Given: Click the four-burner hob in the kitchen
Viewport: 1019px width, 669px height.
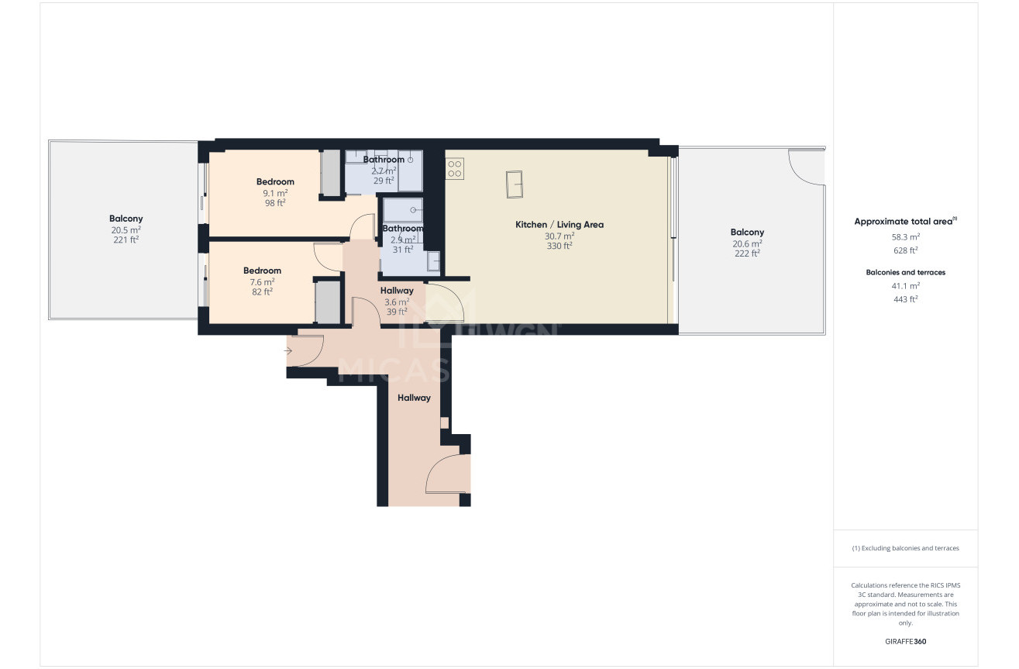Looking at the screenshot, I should click(x=455, y=168).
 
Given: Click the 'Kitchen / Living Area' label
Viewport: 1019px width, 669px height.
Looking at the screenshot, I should click(x=559, y=225).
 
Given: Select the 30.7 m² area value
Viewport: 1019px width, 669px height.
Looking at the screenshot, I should click(x=559, y=236).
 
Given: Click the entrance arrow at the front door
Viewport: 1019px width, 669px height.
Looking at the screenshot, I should click(x=288, y=351).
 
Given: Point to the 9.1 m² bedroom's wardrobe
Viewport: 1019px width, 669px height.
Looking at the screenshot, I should click(x=332, y=174).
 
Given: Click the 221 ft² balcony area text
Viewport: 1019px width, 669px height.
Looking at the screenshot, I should click(x=126, y=240).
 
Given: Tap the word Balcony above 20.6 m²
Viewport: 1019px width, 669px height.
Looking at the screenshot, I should click(x=747, y=232).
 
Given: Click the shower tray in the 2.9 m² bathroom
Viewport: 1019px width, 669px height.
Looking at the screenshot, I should click(x=403, y=210).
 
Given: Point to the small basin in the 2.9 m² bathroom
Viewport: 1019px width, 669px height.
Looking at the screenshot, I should click(x=433, y=262).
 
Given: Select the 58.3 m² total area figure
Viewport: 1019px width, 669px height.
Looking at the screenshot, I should click(x=905, y=237).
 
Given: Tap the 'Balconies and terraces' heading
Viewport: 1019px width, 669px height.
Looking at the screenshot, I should click(x=905, y=272).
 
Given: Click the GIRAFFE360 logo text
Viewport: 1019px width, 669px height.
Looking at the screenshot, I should click(x=905, y=642).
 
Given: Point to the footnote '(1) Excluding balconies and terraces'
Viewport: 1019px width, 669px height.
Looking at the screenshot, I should click(x=905, y=548).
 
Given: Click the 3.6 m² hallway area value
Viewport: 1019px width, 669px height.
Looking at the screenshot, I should click(x=397, y=302).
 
